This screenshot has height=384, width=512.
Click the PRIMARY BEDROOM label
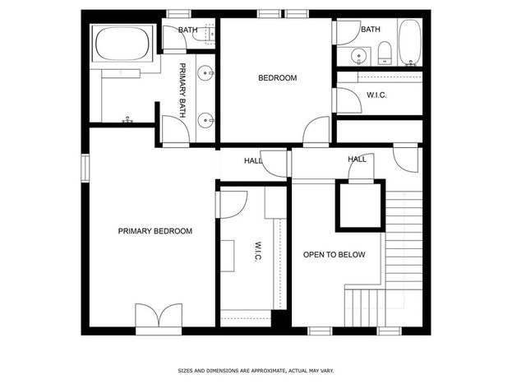click(x=155, y=231)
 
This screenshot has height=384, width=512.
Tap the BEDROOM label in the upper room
click(x=278, y=78)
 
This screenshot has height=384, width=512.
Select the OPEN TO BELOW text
click(x=334, y=255)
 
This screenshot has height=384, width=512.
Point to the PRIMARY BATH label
click(x=182, y=90)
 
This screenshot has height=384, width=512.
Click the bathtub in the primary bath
click(x=122, y=44)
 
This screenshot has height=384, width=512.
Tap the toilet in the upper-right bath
click(x=385, y=53)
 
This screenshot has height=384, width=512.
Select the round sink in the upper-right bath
click(x=359, y=56)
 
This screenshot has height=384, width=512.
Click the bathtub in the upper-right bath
click(x=410, y=43)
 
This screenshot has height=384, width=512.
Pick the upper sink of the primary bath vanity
click(x=205, y=73)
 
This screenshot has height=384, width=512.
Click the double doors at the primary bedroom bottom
click(x=159, y=316)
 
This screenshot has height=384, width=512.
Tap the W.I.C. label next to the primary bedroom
click(x=257, y=252)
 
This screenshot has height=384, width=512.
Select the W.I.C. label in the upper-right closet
click(x=376, y=95)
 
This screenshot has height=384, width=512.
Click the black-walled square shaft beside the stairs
click(x=361, y=206)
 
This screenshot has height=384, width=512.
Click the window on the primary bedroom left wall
click(x=85, y=168)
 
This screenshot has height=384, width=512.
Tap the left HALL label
click(x=253, y=161)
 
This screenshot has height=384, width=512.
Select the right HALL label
click(x=357, y=160)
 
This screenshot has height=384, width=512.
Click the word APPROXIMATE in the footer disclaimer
click(x=267, y=371)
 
